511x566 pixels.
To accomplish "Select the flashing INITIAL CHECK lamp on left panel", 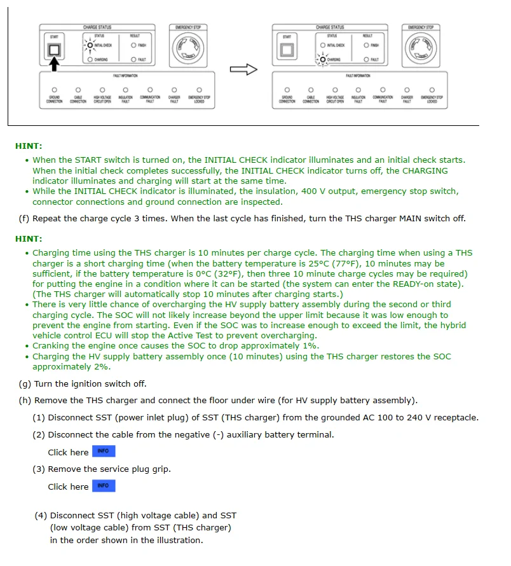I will point(90,45).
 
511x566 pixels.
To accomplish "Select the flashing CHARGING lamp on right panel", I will point(322,60).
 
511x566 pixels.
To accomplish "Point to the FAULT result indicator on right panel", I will point(367,60).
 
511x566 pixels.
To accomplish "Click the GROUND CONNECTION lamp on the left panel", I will point(55,90).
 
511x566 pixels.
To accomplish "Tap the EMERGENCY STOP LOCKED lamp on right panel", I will point(432,90).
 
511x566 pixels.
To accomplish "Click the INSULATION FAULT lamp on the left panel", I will point(126,90).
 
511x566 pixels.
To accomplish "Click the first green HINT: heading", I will point(29,146).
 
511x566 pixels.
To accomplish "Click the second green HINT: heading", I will point(29,238).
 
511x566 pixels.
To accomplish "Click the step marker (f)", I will point(24,218).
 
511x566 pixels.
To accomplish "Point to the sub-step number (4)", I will point(41,515).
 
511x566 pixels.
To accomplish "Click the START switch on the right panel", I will point(287,49).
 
